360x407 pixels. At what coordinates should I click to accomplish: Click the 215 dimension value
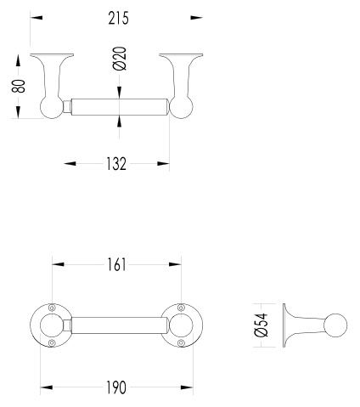(x=118, y=18)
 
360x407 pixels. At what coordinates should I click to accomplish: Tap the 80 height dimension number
(x=19, y=86)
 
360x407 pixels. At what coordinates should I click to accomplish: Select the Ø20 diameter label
(x=120, y=59)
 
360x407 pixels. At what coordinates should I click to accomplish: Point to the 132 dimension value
(x=116, y=164)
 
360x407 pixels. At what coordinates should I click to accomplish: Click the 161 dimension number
(x=116, y=265)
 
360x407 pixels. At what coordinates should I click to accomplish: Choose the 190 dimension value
(x=116, y=387)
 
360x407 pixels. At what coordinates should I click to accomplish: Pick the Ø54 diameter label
(x=261, y=325)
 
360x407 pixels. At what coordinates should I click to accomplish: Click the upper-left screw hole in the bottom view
(x=52, y=308)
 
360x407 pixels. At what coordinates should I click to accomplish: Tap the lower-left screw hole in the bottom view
(x=52, y=343)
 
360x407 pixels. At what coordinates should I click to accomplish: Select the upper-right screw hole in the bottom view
(x=181, y=308)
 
